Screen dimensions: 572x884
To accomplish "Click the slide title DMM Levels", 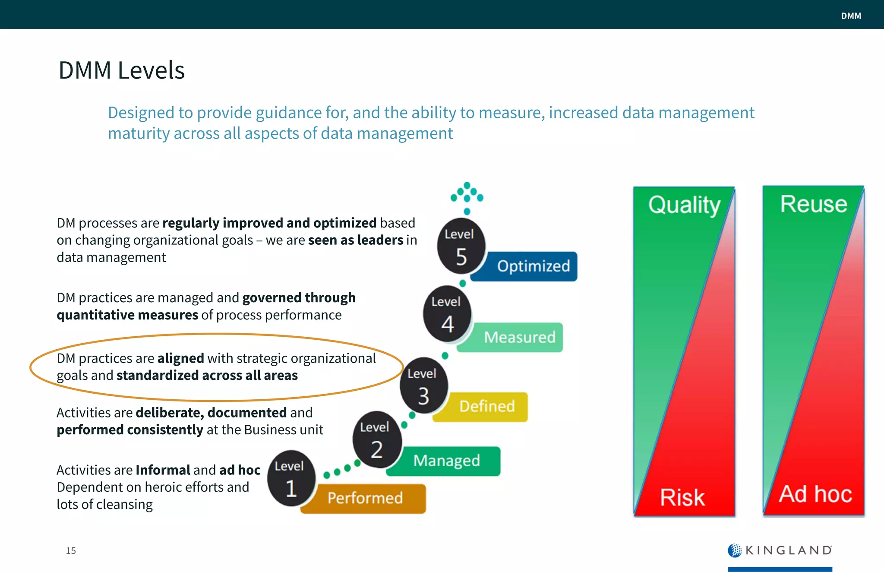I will point(121,70).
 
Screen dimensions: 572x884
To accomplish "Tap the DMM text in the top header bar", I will point(851,16).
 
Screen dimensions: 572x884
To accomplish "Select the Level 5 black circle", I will point(461,246).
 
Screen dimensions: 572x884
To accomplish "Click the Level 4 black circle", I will point(447,314).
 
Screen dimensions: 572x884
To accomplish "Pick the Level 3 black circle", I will point(423,386).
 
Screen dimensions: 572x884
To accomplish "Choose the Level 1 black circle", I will point(291,478).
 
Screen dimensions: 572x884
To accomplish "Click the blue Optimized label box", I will point(533,266).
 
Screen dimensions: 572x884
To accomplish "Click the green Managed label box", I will point(446,461).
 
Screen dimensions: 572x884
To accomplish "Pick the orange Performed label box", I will point(365,498).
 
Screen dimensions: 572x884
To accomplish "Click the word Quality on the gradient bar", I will point(684,205).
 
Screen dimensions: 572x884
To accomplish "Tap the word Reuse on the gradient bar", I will point(813,204).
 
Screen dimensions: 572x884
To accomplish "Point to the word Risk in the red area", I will point(682,497).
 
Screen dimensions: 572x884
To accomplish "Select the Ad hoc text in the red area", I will point(815,494).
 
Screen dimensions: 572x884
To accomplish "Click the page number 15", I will point(71,551).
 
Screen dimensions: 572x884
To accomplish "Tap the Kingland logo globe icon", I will point(735,550).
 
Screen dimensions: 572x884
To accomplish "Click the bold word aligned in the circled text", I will point(180,358).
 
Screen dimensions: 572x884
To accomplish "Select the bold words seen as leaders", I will point(356,240).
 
